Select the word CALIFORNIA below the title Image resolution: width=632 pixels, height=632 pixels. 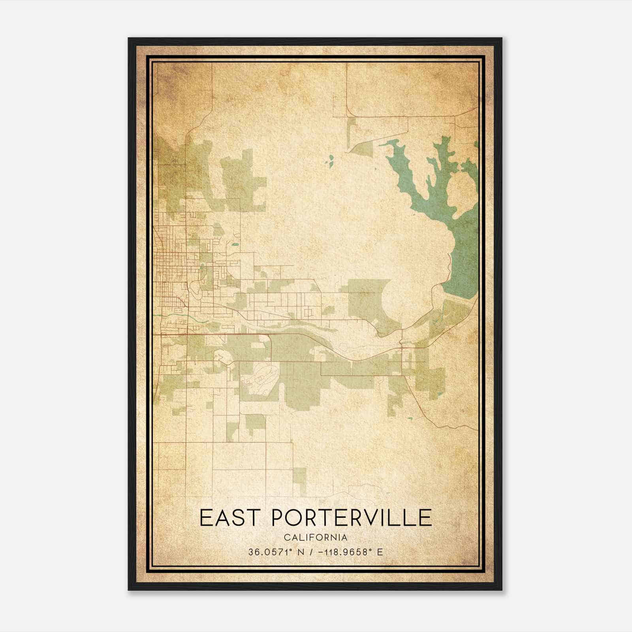click(316, 538)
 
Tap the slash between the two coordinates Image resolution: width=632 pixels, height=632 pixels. click(312, 552)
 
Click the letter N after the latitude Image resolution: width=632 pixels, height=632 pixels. click(301, 552)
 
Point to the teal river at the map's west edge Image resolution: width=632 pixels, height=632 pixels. click(166, 315)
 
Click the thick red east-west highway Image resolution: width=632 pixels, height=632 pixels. click(221, 335)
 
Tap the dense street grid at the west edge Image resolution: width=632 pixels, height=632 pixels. click(170, 265)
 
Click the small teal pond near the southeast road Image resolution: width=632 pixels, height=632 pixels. click(410, 418)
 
